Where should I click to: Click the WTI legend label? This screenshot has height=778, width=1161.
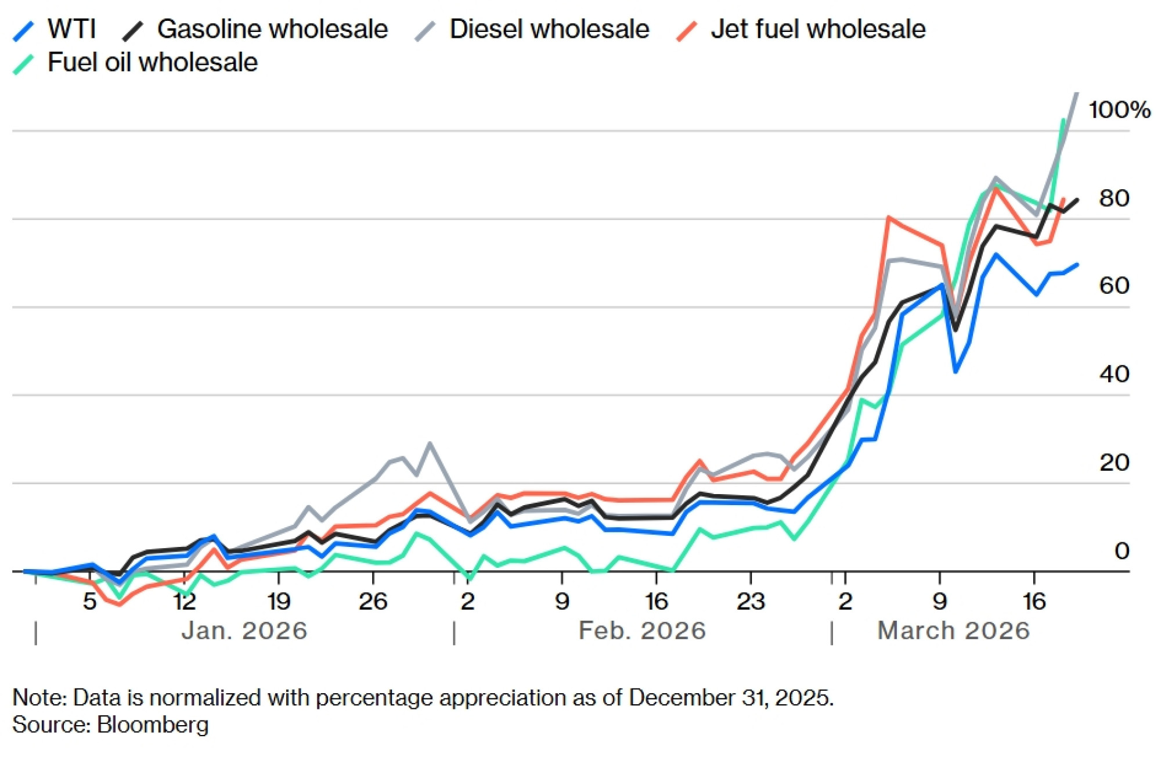point(71,29)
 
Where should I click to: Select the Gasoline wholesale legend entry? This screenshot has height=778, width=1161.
point(272,29)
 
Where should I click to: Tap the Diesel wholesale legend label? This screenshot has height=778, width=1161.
point(549,29)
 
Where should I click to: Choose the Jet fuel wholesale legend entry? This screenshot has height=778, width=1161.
point(817,29)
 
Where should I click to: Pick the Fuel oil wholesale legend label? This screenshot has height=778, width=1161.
point(152,62)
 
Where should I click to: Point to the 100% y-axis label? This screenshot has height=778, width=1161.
point(1119,110)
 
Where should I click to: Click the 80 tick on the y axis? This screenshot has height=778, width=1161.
point(1113,199)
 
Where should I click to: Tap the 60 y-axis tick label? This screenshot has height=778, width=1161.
point(1113,286)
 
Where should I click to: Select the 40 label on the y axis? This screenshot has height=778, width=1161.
point(1113,374)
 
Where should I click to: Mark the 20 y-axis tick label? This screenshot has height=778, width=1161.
point(1113,463)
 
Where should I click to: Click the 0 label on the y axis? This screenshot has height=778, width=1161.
point(1122,551)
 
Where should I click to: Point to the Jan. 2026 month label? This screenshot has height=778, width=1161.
point(244,631)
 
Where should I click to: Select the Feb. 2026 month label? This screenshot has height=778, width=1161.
point(642,631)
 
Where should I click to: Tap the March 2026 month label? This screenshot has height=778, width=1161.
point(953,631)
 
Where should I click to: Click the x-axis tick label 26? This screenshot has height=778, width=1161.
point(373,601)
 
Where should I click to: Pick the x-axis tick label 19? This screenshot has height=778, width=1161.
point(279,601)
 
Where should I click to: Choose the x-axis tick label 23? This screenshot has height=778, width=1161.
point(751,601)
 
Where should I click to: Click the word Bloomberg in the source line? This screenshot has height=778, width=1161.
point(153,725)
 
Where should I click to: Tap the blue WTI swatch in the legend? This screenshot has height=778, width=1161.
point(24,31)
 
